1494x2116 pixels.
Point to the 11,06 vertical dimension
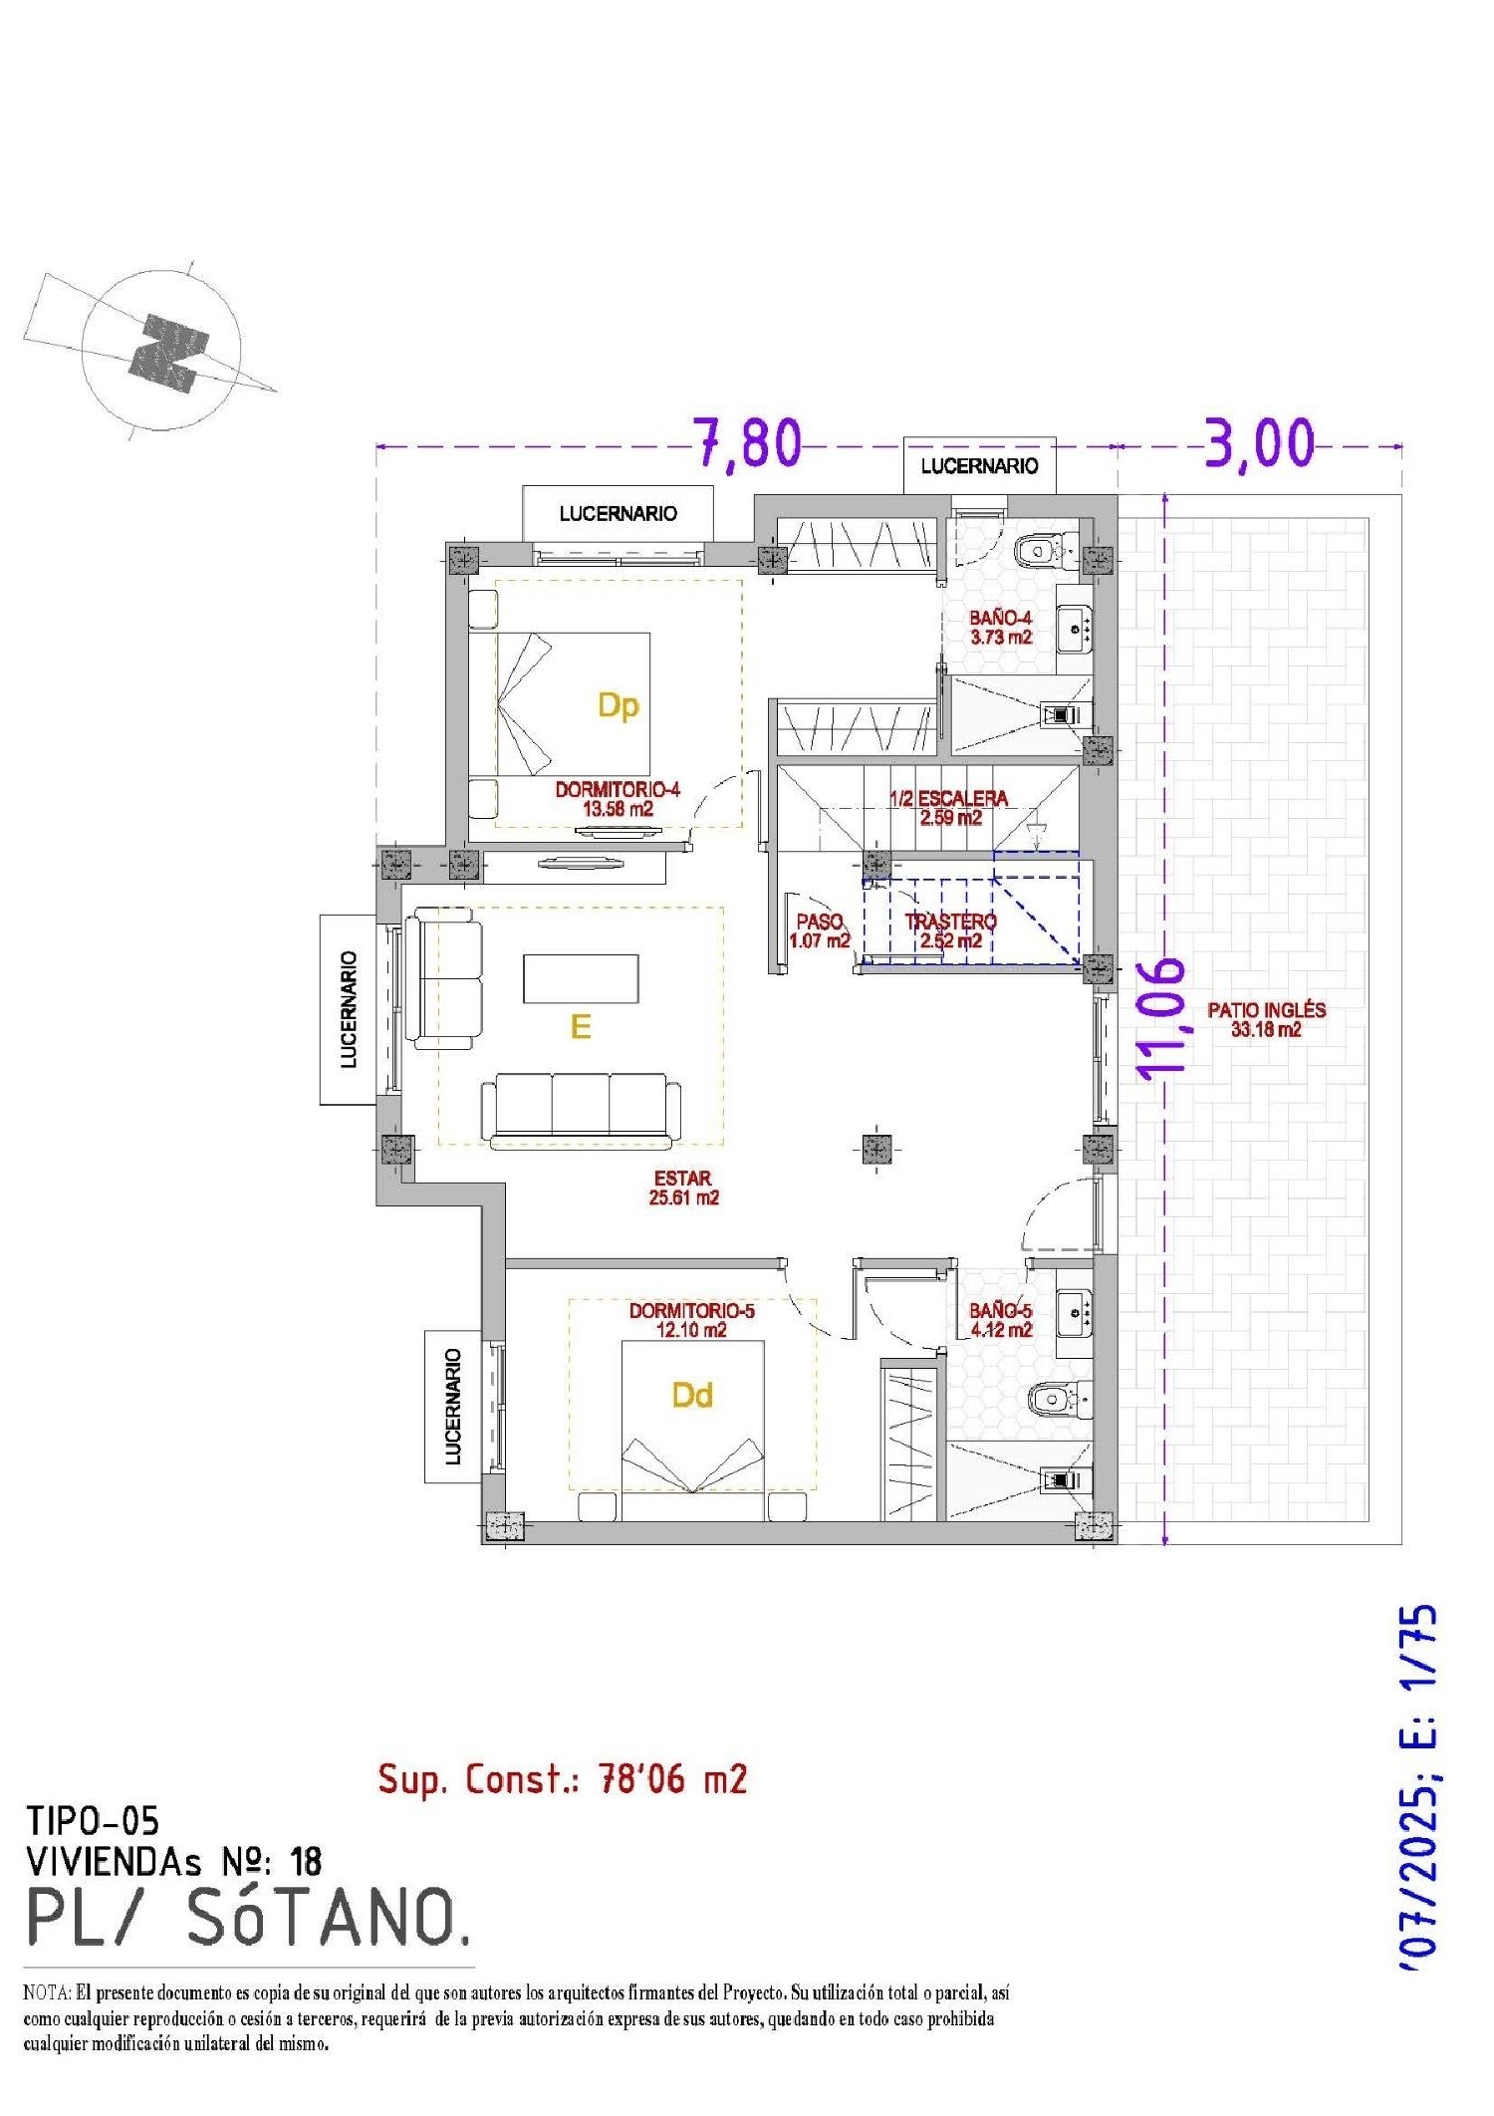[1161, 1019]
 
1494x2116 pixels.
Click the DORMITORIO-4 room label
[618, 799]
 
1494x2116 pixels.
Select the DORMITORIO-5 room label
[692, 1320]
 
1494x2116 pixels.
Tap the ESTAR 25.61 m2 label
[683, 1188]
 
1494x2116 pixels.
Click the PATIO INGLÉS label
[1266, 1019]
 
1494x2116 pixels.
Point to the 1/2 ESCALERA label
[948, 808]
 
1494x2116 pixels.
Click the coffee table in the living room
[581, 978]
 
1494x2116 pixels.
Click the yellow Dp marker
[618, 706]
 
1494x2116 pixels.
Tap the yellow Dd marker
[692, 1395]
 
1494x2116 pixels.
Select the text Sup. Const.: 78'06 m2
[563, 1778]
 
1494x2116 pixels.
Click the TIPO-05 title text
[92, 1821]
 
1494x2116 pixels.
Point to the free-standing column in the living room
[875, 1150]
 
